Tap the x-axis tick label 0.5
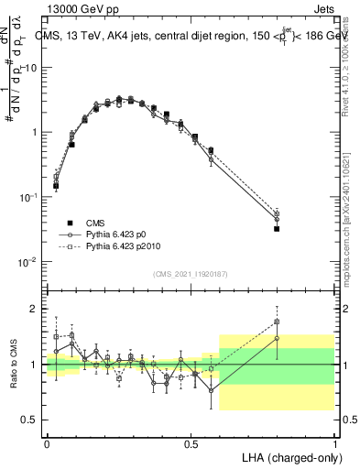(191, 442)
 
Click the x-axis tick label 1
(333, 442)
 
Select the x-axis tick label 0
(48, 442)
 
